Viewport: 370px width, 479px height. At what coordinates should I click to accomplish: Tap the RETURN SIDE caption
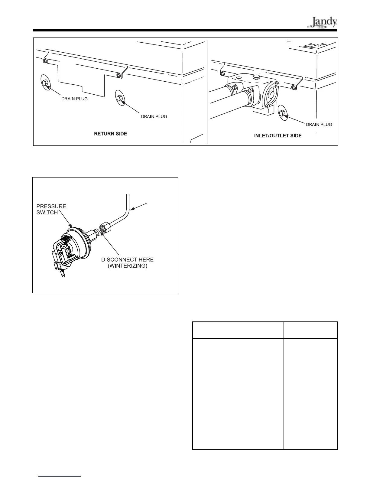111,134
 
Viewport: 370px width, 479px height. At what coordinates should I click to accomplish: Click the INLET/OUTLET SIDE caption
278,136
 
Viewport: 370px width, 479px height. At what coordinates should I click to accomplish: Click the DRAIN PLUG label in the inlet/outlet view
319,125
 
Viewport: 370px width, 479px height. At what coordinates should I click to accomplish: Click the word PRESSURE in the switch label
51,206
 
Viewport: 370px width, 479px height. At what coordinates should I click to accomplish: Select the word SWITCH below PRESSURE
47,213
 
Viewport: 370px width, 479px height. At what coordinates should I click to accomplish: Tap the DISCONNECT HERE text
127,260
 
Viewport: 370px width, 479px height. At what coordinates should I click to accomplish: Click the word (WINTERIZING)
127,266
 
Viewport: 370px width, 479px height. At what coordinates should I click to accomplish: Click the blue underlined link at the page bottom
60,477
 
